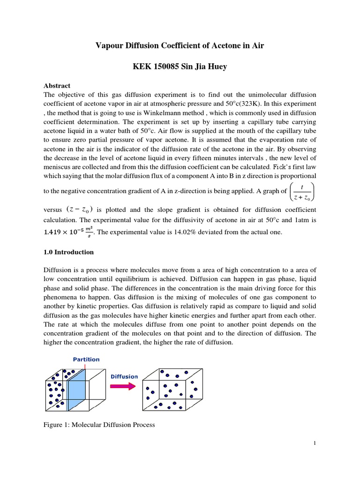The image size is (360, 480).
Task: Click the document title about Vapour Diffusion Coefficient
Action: [180, 45]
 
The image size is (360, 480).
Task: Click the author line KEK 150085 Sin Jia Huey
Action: [180, 67]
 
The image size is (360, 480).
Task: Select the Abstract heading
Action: [57, 86]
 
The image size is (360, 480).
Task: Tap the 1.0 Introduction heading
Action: [68, 252]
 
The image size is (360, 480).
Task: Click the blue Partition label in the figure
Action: [86, 360]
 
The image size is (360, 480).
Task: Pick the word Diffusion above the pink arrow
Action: [124, 376]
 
